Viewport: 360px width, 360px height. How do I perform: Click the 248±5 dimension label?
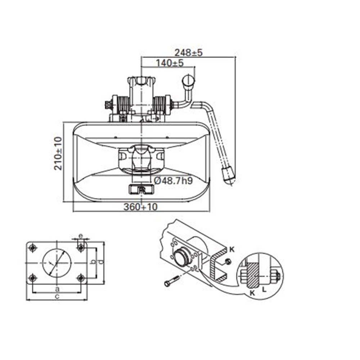(189, 53)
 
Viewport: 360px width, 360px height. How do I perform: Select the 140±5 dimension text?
(170, 63)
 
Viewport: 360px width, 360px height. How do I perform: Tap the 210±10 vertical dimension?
(58, 153)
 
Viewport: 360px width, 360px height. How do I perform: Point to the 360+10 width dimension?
(140, 207)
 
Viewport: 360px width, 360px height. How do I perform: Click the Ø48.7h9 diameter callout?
(174, 181)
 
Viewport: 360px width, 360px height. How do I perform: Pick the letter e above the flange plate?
(81, 235)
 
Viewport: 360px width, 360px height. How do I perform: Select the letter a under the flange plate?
(57, 288)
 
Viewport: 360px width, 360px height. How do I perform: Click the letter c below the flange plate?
(57, 296)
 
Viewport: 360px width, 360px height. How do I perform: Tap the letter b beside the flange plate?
(94, 262)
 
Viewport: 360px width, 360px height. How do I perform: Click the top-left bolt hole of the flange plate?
(33, 248)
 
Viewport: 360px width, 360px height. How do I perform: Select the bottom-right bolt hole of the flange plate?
(80, 278)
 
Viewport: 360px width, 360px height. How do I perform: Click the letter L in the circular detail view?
(264, 290)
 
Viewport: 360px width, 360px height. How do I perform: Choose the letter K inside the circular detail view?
(252, 293)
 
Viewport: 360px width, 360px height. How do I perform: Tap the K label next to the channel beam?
(232, 249)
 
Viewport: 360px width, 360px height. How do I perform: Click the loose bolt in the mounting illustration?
(172, 281)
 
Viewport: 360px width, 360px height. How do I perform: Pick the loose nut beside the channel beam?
(228, 261)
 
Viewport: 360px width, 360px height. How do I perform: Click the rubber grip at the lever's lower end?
(228, 175)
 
